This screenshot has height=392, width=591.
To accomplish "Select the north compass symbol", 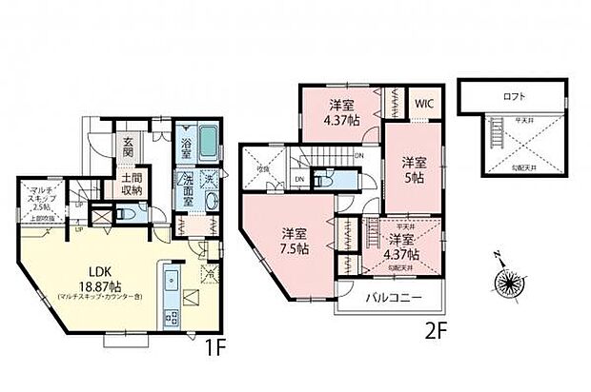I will click(x=503, y=284).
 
